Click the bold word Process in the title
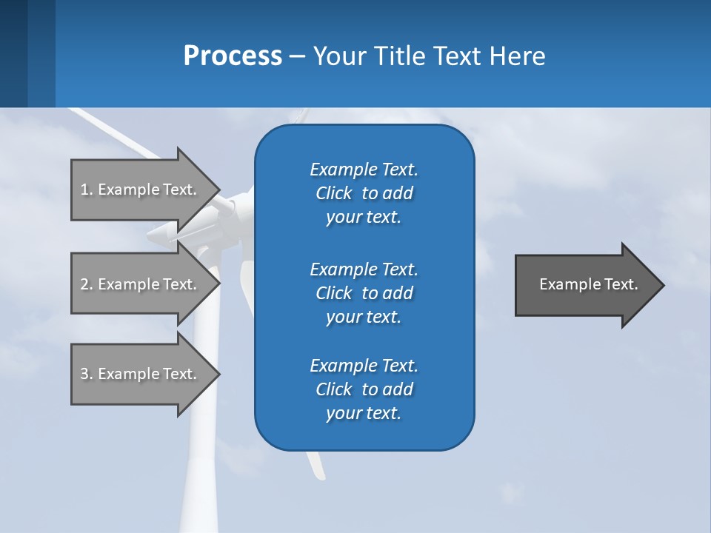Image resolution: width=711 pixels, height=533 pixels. (x=233, y=56)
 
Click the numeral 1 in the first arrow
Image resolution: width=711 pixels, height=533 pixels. (x=84, y=190)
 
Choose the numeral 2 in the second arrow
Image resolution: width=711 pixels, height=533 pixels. (x=84, y=284)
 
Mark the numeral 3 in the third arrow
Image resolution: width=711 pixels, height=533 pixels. (x=84, y=374)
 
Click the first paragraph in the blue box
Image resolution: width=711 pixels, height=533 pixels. (x=364, y=193)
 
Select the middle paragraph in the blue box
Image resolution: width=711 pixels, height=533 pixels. (x=364, y=292)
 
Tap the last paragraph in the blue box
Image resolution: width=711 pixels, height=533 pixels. (x=364, y=389)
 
